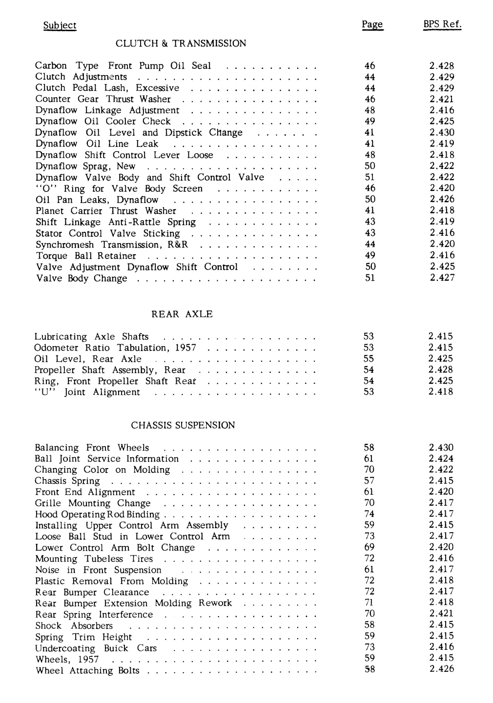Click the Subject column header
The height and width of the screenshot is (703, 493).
[60, 25]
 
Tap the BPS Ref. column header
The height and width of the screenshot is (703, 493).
[442, 24]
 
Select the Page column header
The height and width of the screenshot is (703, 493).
[372, 25]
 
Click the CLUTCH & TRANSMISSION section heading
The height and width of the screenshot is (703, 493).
[181, 44]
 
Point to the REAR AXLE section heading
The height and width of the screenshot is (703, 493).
[182, 314]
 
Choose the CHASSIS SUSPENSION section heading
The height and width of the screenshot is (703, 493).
[183, 425]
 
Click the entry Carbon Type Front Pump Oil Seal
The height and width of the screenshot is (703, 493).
[123, 66]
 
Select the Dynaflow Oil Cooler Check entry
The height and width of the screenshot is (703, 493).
[103, 122]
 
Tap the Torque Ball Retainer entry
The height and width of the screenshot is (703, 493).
[86, 256]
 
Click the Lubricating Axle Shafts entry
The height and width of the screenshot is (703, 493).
[91, 337]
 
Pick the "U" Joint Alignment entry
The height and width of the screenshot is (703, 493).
[87, 393]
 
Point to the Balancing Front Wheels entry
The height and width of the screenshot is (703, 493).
[92, 448]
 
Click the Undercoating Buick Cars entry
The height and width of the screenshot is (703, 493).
[96, 648]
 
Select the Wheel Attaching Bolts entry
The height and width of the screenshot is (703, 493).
[87, 671]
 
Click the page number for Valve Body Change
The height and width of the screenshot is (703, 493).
[370, 278]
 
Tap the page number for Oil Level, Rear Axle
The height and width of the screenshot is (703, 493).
[369, 359]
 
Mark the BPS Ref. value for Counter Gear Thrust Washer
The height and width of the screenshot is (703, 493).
[442, 99]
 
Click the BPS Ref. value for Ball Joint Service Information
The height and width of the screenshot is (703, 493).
[441, 458]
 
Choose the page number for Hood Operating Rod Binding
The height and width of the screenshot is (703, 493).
[370, 514]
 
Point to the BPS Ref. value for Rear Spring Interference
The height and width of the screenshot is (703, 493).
[441, 614]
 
